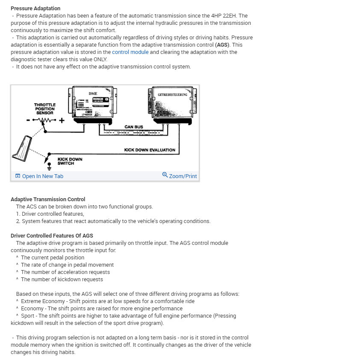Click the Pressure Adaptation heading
click(35, 8)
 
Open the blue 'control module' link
click(130, 52)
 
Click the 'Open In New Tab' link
click(39, 176)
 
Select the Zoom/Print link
click(180, 176)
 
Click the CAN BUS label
click(133, 127)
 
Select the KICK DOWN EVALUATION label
click(150, 150)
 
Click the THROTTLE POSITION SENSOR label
click(45, 109)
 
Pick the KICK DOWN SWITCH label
click(70, 161)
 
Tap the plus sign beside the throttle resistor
click(62, 120)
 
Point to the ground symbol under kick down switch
click(48, 168)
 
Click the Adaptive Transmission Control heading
click(48, 199)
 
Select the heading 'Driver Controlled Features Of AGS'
click(52, 235)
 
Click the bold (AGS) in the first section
click(222, 45)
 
